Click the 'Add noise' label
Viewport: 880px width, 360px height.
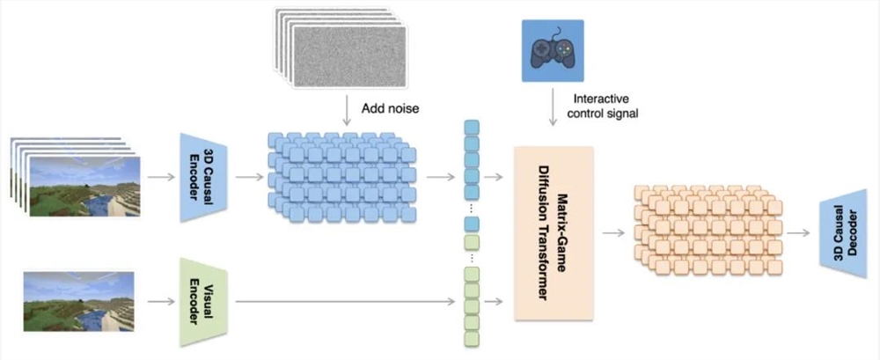(x=389, y=108)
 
